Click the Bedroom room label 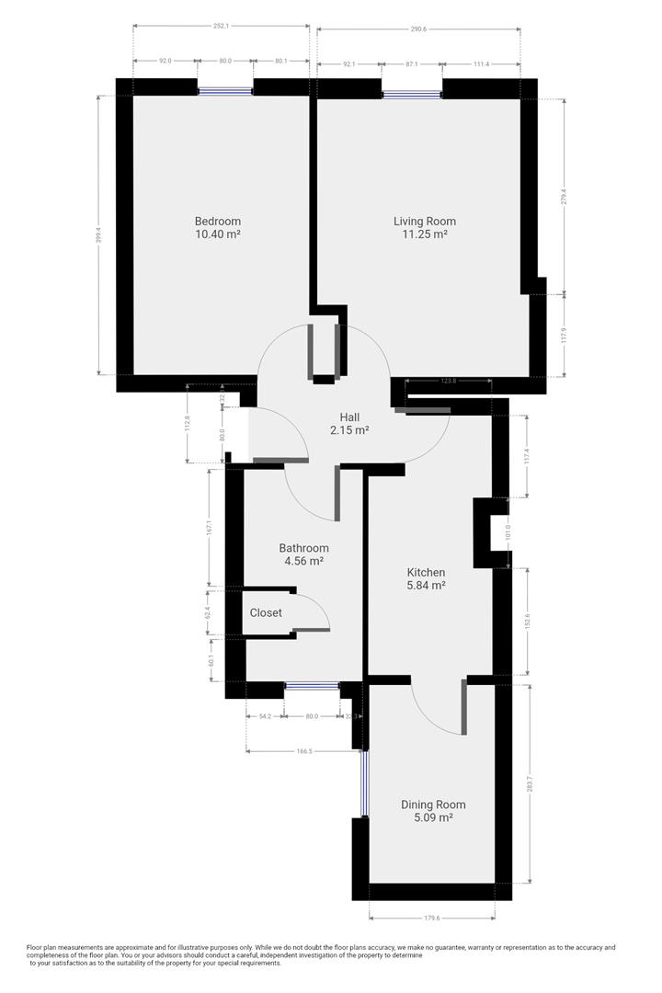[x=217, y=221]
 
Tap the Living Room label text [x=424, y=221]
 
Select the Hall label [x=348, y=417]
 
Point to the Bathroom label [x=303, y=548]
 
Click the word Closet [x=266, y=612]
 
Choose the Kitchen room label [x=426, y=572]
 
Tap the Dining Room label [x=433, y=805]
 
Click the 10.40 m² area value [x=217, y=234]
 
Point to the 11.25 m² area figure [x=424, y=234]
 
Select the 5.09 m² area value [x=433, y=817]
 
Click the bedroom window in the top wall [x=225, y=90]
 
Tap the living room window [x=411, y=93]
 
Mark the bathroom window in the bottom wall [x=312, y=685]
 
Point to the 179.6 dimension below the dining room [x=431, y=917]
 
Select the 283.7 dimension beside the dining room [x=530, y=782]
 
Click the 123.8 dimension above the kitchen [x=448, y=381]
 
